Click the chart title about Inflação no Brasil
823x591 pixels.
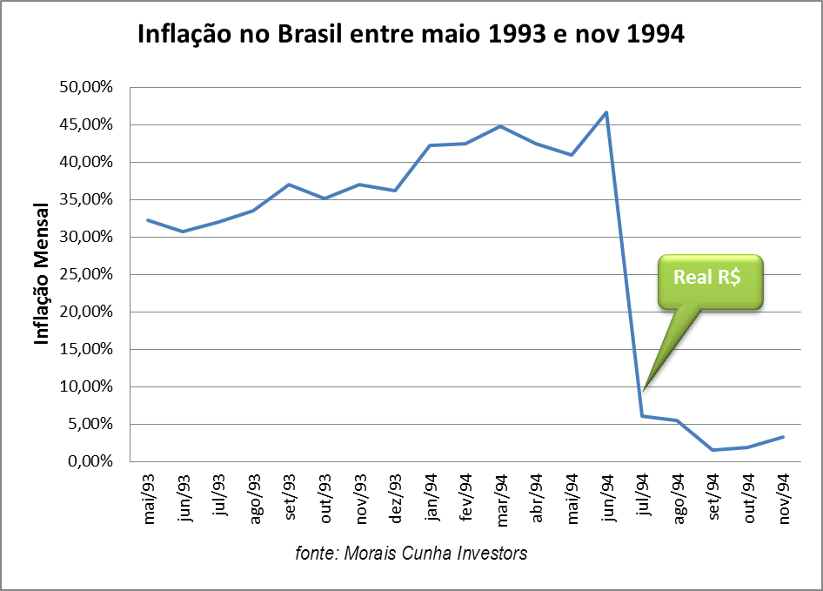pos(411,36)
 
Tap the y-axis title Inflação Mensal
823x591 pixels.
pos(41,273)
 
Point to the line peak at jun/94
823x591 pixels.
pos(606,112)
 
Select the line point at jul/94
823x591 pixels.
pos(642,416)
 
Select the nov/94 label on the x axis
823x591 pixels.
pos(782,498)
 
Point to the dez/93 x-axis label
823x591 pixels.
pos(395,498)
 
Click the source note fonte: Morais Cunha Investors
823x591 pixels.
pos(411,553)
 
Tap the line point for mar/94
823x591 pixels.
pos(500,126)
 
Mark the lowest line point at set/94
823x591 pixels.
pos(713,450)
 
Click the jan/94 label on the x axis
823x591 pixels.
pos(431,498)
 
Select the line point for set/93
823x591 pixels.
pos(289,185)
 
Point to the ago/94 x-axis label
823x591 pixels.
pos(677,498)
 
